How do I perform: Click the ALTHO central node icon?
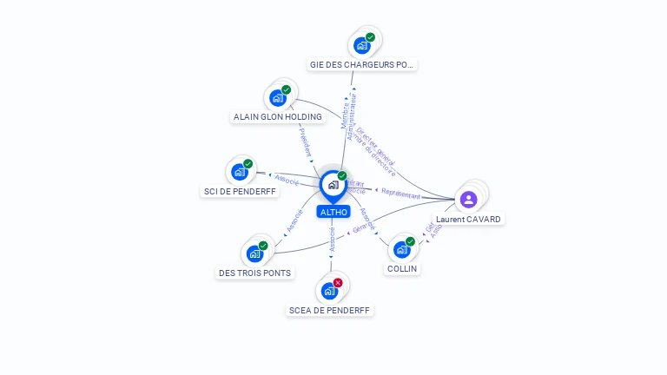[333, 185]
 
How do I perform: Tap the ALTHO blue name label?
[333, 212]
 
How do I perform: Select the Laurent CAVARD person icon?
[468, 200]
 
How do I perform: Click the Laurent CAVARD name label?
[468, 220]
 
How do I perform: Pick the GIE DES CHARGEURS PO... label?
[363, 64]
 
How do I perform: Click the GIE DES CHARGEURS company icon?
[362, 45]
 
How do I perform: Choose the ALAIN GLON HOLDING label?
[278, 116]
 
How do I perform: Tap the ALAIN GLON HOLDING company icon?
[278, 97]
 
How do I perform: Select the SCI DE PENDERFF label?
[241, 191]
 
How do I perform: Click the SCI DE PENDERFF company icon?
[240, 172]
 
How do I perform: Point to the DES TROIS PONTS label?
[254, 273]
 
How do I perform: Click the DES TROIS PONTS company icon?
[254, 253]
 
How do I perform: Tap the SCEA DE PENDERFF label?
[329, 310]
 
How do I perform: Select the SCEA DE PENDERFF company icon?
[329, 291]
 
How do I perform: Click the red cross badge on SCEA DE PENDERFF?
[338, 283]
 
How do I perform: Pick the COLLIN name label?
[402, 269]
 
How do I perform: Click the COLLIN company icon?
[401, 250]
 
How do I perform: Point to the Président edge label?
[305, 143]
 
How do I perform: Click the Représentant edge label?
[400, 195]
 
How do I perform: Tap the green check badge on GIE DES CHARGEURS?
[371, 37]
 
